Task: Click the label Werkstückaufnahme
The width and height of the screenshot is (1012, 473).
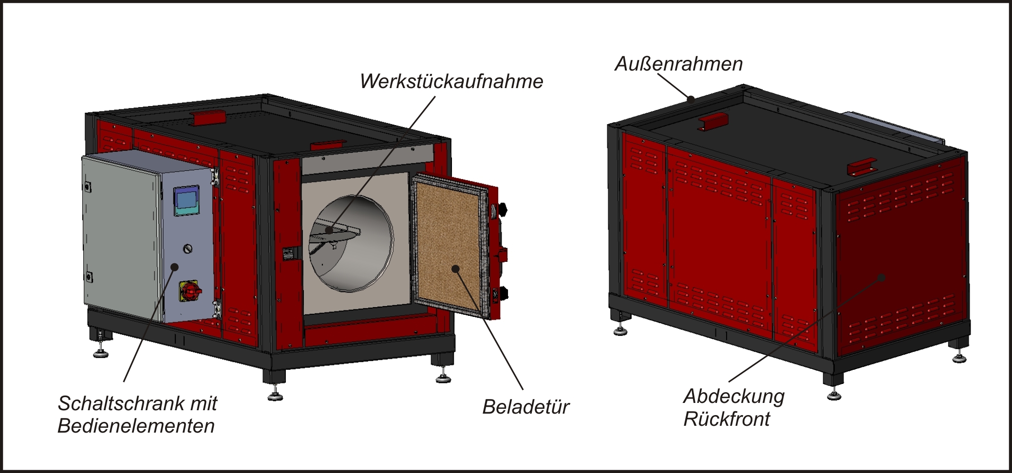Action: (451, 81)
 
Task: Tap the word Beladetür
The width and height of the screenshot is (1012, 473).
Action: (525, 407)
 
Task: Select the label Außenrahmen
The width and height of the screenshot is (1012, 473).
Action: (678, 64)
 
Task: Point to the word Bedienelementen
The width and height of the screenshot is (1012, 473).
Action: (136, 426)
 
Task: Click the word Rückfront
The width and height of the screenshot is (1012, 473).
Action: (726, 419)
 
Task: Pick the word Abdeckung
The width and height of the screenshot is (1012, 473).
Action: (733, 396)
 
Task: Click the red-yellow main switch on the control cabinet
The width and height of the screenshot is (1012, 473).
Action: (190, 291)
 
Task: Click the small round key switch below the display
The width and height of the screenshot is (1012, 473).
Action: (188, 249)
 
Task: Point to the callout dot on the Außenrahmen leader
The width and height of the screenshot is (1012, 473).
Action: (691, 99)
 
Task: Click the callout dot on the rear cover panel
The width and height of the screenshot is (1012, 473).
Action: (881, 278)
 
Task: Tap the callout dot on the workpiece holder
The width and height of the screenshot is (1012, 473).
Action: (330, 230)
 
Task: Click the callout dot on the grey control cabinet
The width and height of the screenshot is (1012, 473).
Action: (174, 267)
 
